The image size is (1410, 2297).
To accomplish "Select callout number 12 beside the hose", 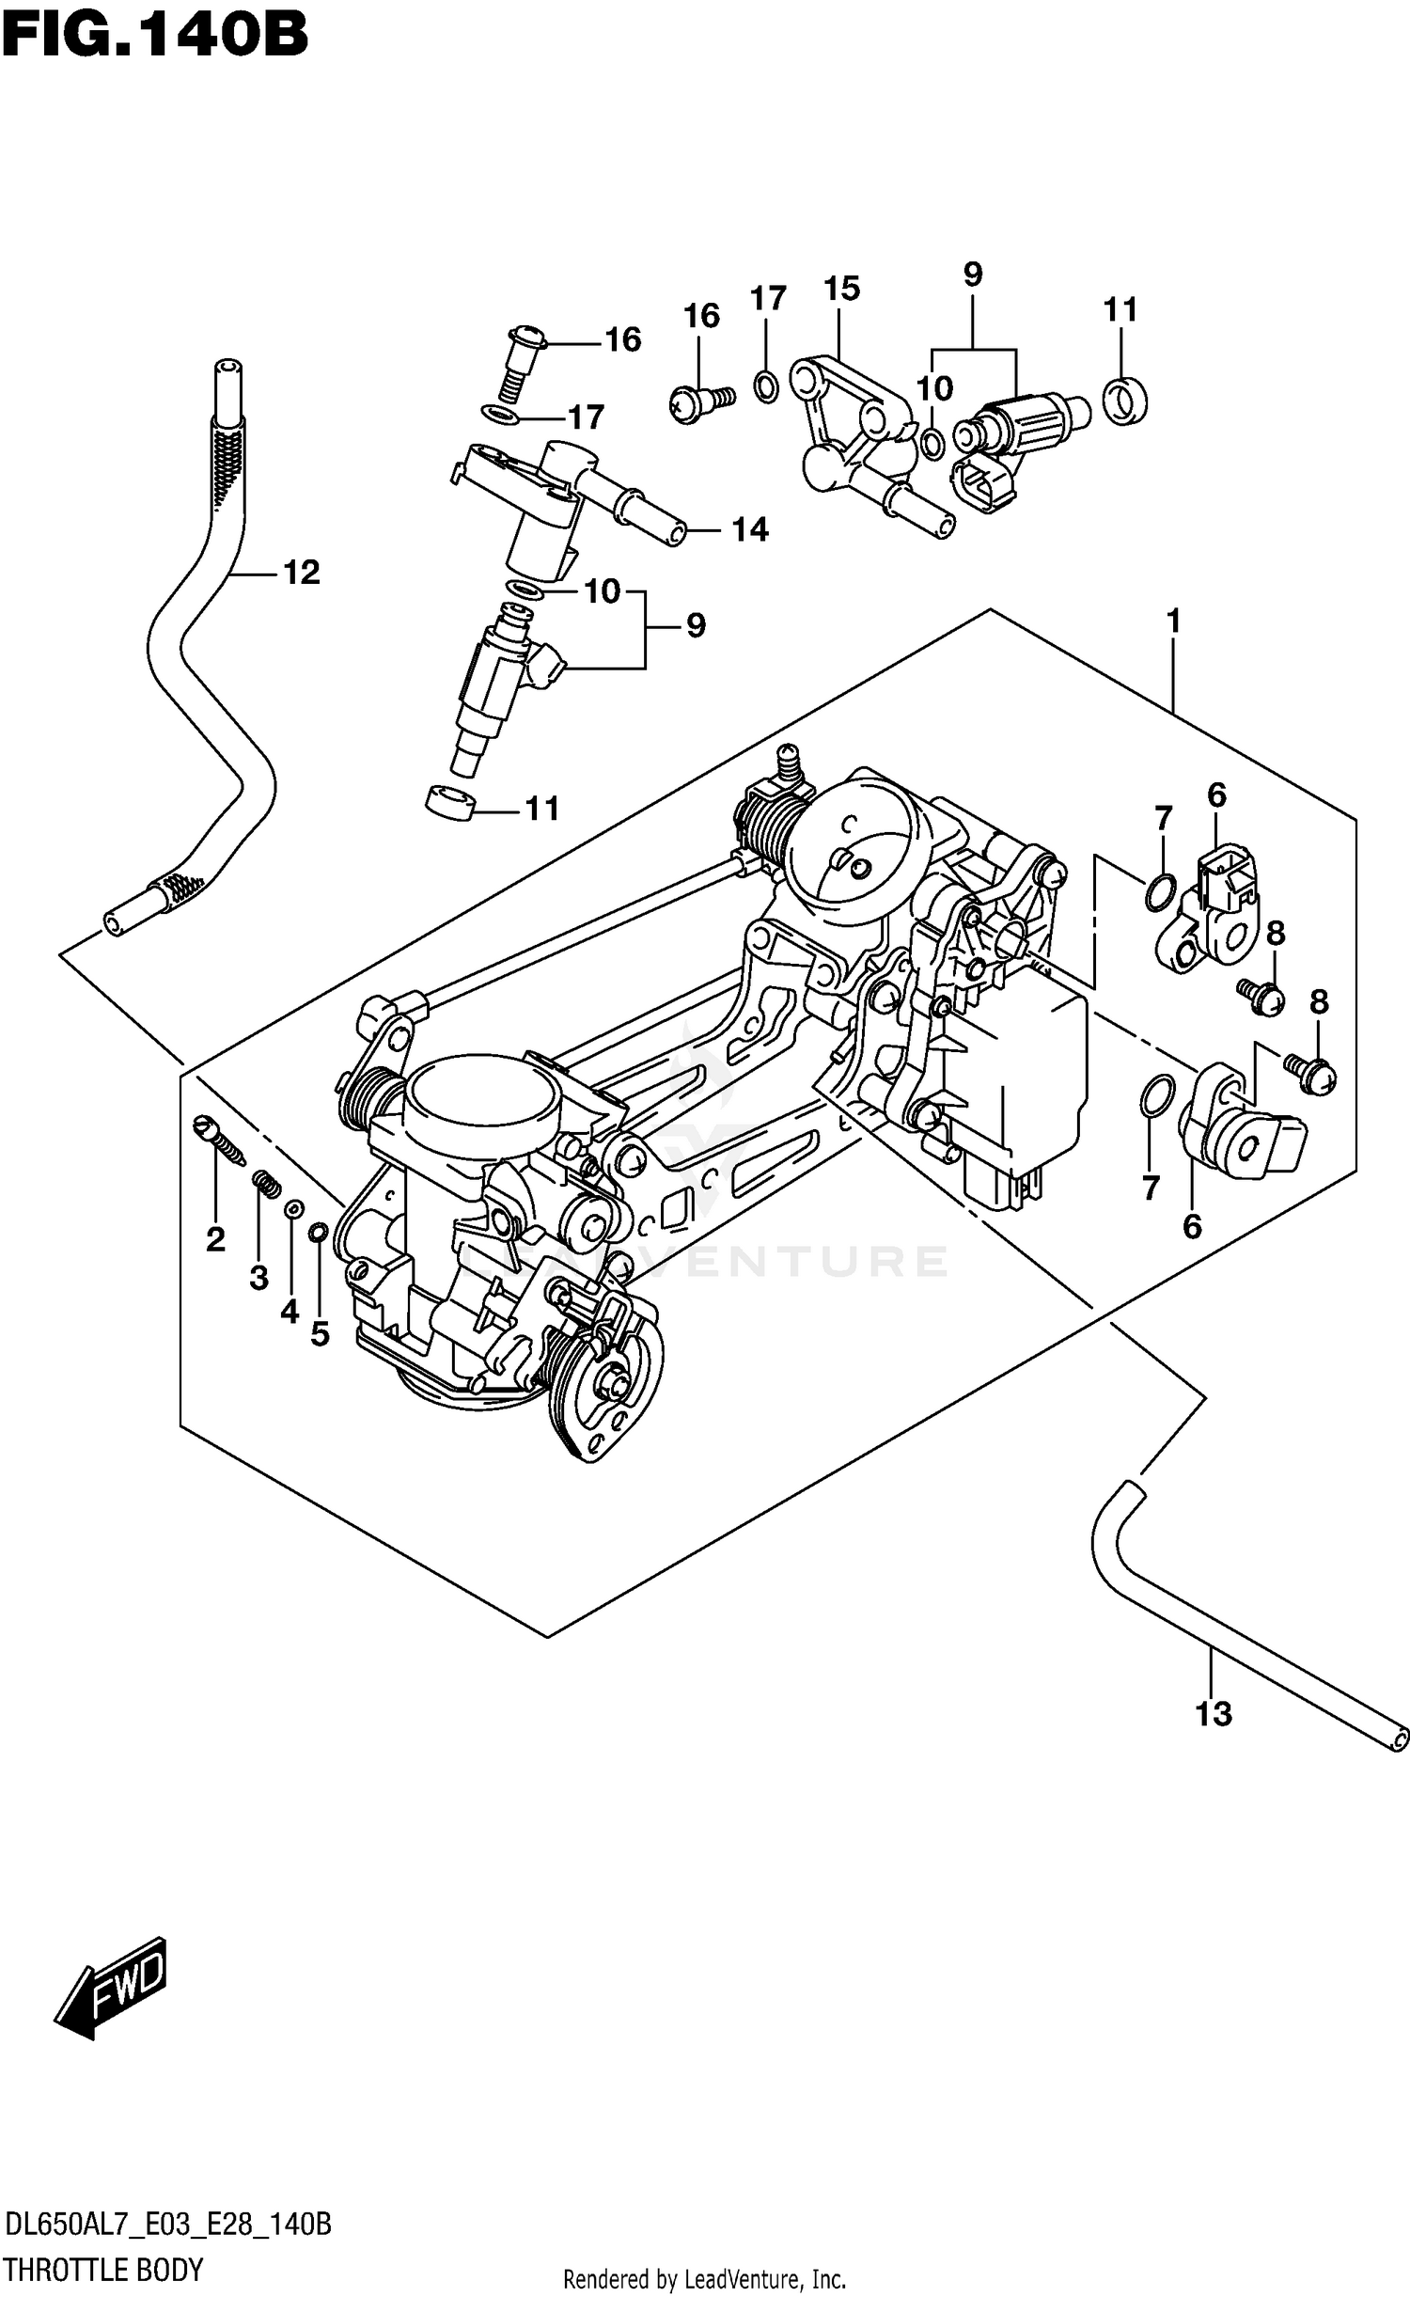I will pos(302,573).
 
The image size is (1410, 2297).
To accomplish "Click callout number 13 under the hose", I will pos(1213,1714).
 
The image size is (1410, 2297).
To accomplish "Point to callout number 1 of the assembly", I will pos(1173,621).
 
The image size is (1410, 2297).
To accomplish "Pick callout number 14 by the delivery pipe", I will pos(750,531).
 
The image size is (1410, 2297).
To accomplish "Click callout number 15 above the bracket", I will pos(841,289).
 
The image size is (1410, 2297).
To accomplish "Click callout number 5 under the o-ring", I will pos(320,1333).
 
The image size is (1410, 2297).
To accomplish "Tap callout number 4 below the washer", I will pos(290,1311).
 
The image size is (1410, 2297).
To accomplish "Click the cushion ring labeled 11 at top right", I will pos(1124,400).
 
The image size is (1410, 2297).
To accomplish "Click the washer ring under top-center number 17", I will pos(766,385).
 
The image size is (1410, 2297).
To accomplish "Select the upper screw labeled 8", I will pos(1264,998).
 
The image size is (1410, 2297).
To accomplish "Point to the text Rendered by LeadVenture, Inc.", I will pos(704,2279).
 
